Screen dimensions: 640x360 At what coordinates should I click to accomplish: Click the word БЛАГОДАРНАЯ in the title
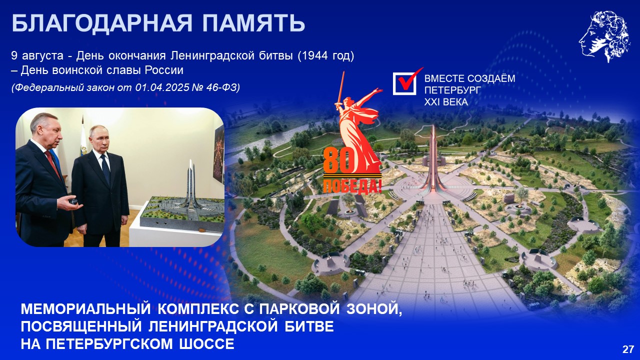[102, 23]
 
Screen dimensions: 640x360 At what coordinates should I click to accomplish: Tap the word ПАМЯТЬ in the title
[253, 23]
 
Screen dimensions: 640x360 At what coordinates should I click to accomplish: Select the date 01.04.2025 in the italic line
[162, 87]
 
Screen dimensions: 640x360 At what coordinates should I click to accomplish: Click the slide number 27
[628, 349]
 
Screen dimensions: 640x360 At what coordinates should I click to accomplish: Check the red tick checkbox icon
[406, 81]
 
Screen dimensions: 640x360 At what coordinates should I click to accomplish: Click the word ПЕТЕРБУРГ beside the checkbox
[452, 90]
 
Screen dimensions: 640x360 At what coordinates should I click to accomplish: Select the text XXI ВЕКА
[446, 102]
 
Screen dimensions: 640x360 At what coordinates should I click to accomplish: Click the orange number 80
[338, 161]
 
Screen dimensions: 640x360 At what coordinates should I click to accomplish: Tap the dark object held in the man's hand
[74, 201]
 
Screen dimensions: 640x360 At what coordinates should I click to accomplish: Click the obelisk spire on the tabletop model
[191, 185]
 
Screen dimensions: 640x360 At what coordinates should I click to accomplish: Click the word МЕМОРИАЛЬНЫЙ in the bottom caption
[85, 309]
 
